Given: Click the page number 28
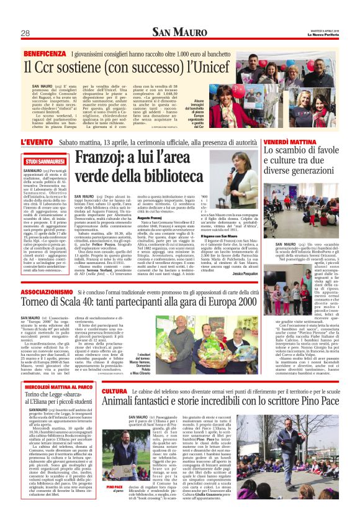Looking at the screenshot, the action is [x=25, y=33].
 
